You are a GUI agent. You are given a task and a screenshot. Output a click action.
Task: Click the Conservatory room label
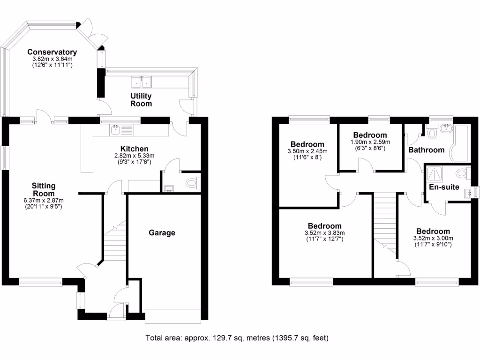52,52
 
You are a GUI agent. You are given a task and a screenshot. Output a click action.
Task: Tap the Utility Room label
141,99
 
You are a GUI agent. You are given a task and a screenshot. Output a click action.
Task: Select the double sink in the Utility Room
142,82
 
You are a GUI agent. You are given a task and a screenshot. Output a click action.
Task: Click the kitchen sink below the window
116,130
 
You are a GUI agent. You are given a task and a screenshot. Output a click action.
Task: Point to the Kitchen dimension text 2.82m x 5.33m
135,156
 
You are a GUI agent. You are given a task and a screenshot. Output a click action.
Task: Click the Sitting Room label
43,189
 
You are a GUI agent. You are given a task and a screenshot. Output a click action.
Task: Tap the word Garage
162,232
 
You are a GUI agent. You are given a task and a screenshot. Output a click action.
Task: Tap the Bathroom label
426,150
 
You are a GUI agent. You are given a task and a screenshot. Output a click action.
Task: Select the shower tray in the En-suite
435,174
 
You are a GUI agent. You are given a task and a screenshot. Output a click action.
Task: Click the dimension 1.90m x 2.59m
370,142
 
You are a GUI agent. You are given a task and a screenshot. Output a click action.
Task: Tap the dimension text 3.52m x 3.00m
433,238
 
